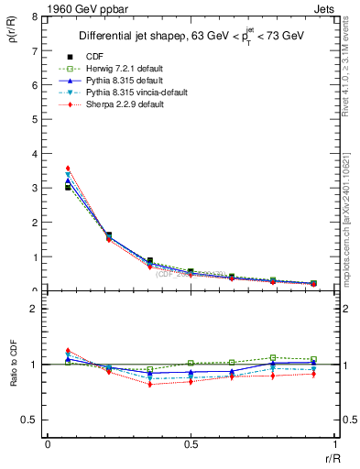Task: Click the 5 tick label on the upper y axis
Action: tap(35, 119)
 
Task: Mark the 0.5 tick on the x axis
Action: tap(190, 444)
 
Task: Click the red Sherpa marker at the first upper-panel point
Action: tap(68, 169)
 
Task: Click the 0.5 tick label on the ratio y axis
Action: tap(30, 420)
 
